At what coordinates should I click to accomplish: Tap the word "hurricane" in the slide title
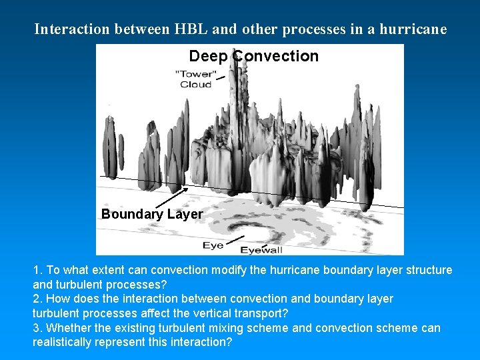click(x=413, y=29)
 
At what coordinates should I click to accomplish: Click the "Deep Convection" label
click(x=253, y=56)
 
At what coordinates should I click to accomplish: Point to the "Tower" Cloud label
click(x=195, y=79)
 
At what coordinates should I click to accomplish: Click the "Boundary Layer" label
click(x=152, y=214)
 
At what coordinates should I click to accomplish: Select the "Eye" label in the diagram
click(x=213, y=245)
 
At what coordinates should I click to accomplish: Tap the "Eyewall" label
click(x=261, y=250)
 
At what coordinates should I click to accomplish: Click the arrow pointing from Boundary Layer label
click(x=170, y=198)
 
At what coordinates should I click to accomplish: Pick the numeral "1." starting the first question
click(x=38, y=270)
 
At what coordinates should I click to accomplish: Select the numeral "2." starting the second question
click(x=38, y=299)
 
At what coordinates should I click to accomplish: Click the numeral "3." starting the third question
click(x=38, y=327)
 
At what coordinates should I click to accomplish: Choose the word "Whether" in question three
click(x=69, y=327)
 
